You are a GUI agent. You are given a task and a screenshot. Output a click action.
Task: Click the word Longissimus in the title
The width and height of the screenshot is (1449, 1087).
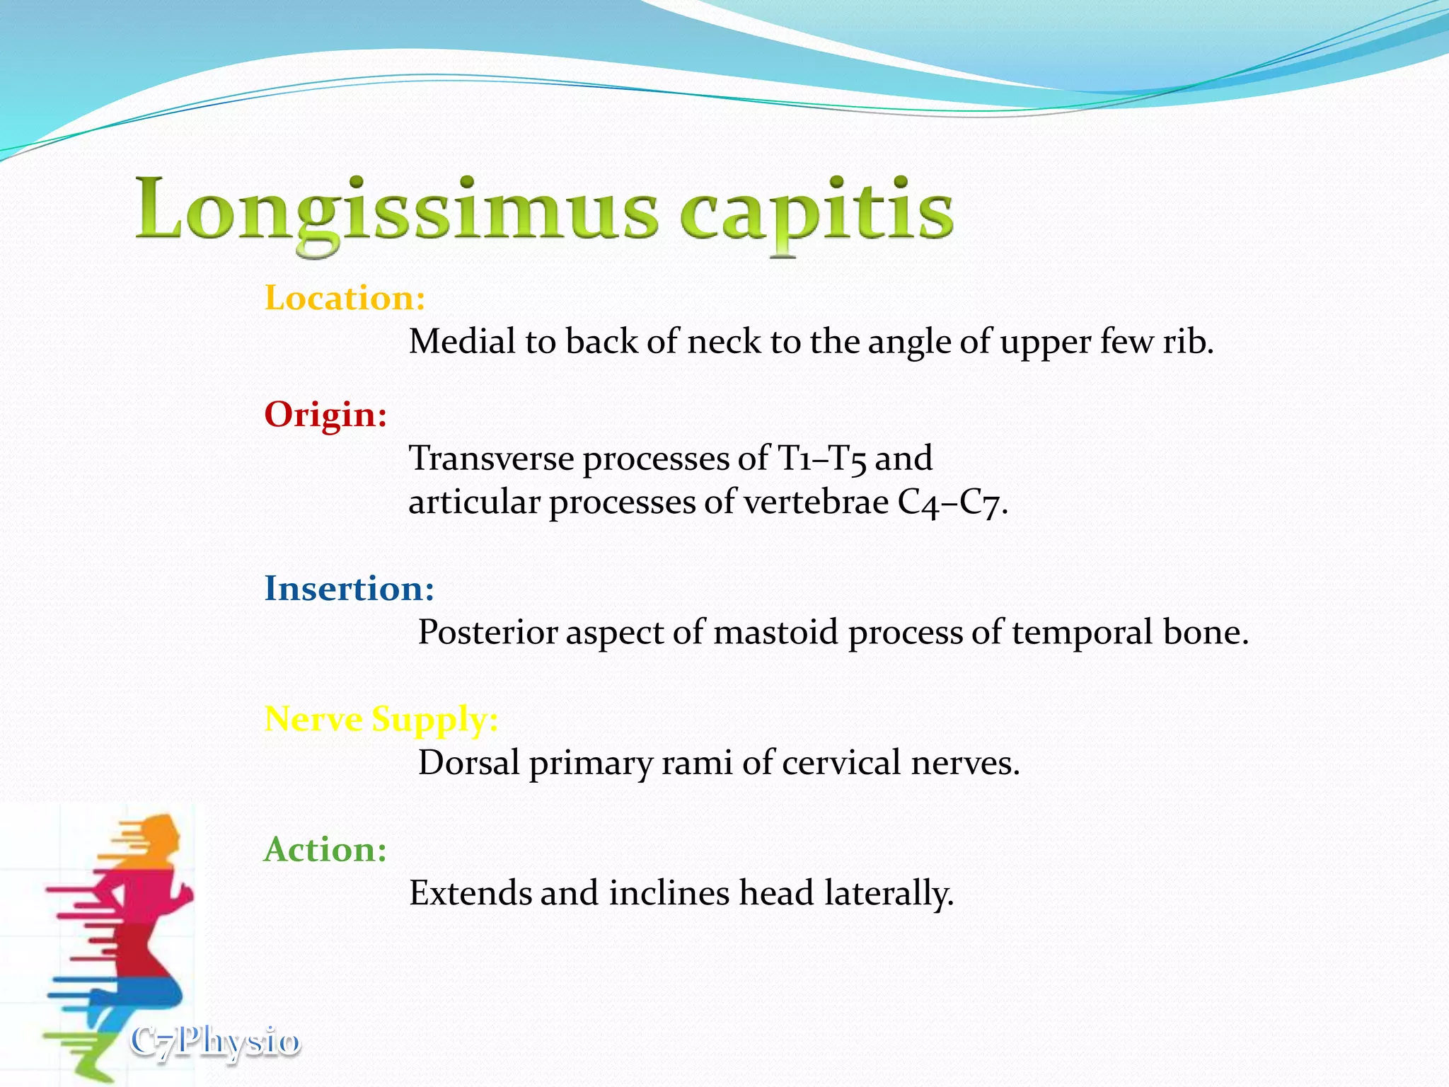pos(396,210)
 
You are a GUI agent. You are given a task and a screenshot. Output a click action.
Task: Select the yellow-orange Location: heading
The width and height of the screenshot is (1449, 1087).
pos(345,298)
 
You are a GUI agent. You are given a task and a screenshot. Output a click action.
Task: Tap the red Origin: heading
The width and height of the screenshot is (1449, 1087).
pos(325,414)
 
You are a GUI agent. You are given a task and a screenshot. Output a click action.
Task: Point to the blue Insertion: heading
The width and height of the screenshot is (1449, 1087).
pos(349,589)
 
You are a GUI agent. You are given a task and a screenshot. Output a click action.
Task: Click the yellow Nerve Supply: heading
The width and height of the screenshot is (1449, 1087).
pos(381,719)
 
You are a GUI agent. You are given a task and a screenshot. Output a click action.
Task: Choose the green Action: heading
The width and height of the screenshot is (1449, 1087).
pos(325,849)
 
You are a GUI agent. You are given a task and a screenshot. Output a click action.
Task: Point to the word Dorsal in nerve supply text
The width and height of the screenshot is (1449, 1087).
pos(468,763)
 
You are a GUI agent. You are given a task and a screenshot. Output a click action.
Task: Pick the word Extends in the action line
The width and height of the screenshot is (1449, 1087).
pos(470,893)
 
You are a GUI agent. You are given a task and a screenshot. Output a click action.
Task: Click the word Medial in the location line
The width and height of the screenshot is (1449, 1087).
pos(462,342)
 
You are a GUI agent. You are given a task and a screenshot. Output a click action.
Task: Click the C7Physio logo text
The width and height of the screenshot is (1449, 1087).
pos(215,1042)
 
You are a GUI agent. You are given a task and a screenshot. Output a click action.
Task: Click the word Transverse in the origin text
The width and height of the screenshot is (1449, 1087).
pos(491,458)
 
